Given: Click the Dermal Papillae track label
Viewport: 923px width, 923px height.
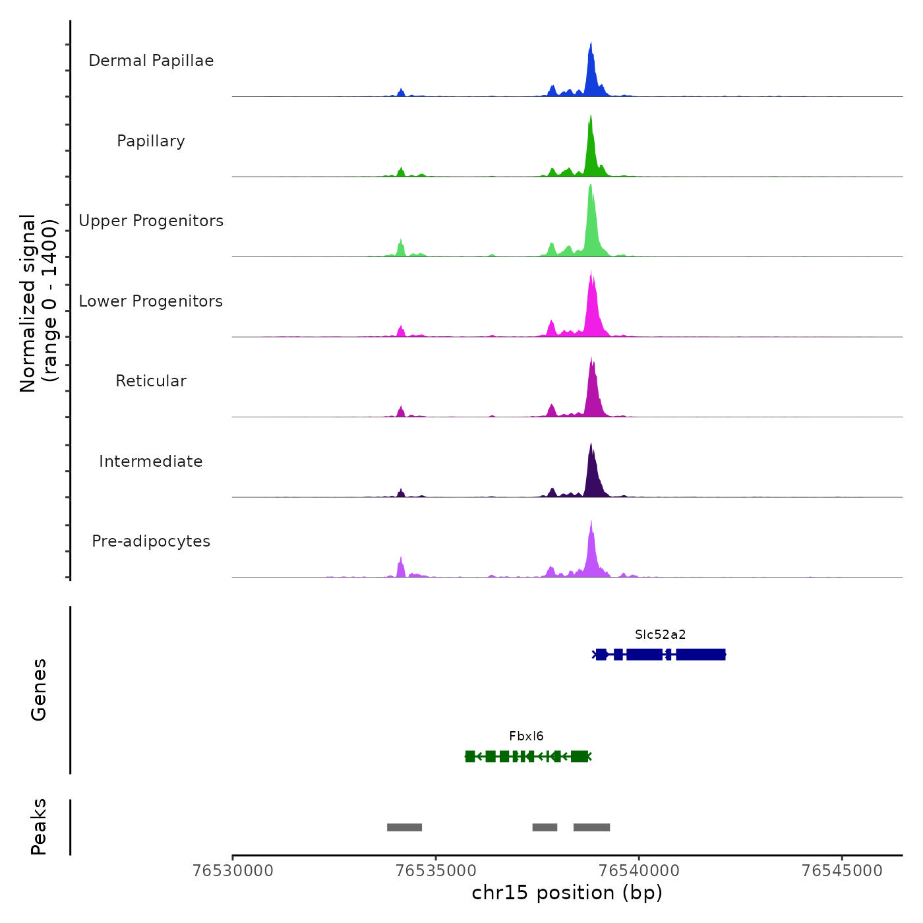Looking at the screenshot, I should tap(151, 61).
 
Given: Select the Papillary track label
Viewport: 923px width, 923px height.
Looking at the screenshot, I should tap(151, 141).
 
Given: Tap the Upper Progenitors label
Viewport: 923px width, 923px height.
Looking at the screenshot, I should tap(151, 221).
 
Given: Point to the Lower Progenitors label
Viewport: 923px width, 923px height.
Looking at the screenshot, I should tap(151, 301).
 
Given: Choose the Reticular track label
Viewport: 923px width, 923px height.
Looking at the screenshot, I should tap(151, 381).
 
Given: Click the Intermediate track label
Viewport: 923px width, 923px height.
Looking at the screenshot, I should tap(151, 461).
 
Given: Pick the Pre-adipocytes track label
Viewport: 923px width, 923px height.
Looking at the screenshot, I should tap(151, 541).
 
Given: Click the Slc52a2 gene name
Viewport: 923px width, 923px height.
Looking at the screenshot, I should tap(660, 635).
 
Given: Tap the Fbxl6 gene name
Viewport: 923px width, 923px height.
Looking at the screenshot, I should tap(526, 736).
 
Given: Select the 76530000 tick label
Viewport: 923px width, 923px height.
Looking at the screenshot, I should tap(233, 871).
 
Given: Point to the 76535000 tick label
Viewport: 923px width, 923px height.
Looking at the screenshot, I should tap(436, 871).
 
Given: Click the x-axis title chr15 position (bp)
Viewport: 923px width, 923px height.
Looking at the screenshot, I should tap(567, 893).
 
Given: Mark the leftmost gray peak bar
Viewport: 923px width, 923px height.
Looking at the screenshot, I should tap(404, 827).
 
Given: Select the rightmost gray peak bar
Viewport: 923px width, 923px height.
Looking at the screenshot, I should tap(591, 827).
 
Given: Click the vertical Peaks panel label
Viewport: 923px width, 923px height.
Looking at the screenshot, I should tap(39, 827).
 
